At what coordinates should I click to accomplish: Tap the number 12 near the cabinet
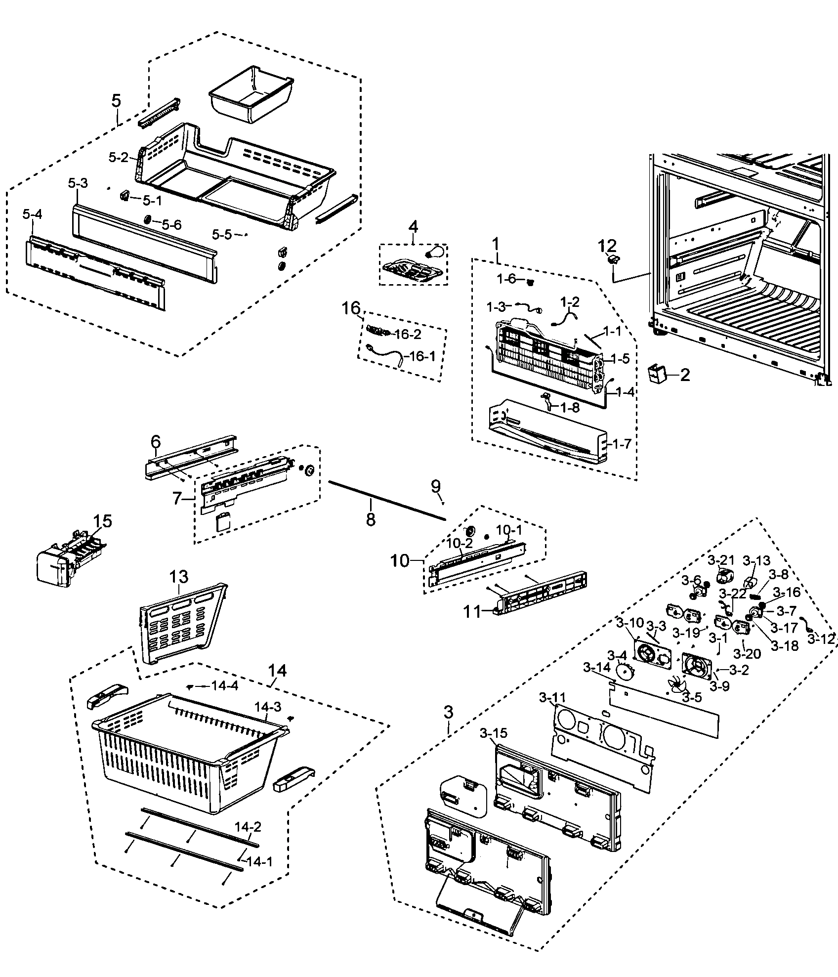[608, 245]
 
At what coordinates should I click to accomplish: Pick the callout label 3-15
[493, 733]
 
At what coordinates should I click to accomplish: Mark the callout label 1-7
[621, 443]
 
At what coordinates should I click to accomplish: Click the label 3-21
[721, 560]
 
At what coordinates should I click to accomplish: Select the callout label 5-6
[171, 225]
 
